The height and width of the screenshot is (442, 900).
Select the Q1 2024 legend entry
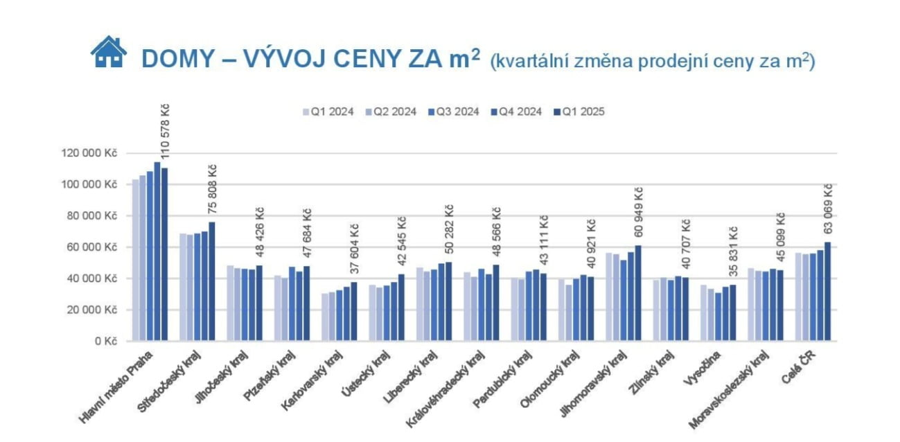click(x=328, y=112)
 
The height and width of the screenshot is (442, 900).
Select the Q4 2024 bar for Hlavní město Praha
click(x=157, y=251)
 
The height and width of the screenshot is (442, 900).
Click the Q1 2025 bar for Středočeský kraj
click(x=212, y=281)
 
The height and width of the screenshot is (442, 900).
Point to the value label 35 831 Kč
click(x=733, y=252)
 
